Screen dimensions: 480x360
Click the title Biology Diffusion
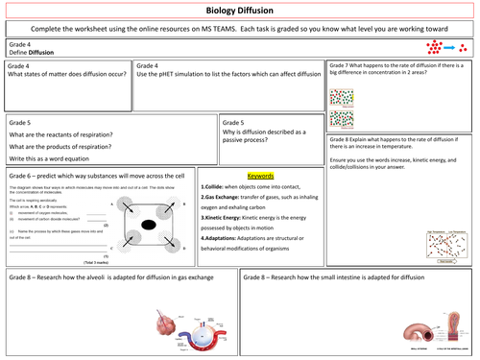click(x=240, y=10)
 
